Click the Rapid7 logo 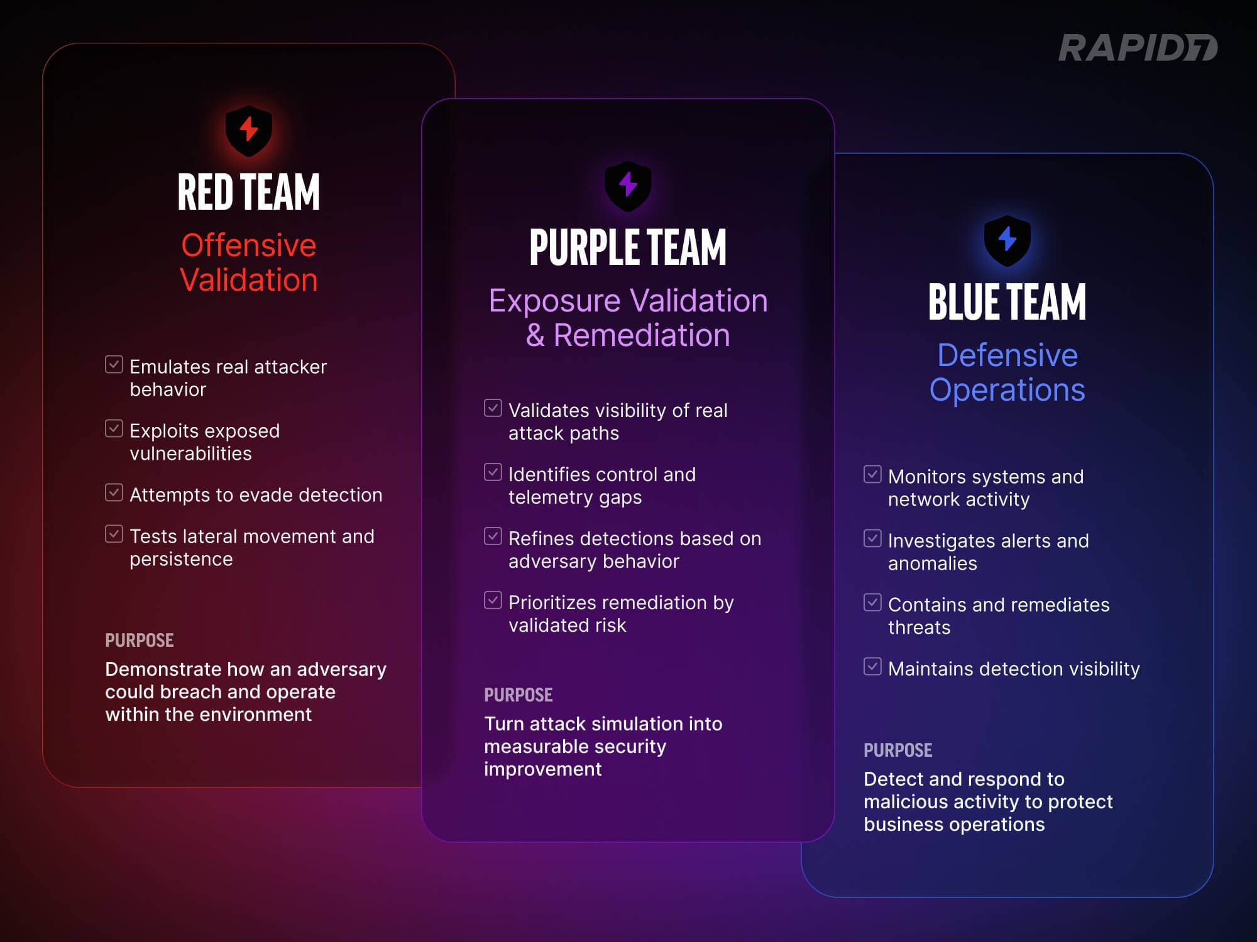pos(1138,48)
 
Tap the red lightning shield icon pos(249,131)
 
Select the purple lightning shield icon pos(628,186)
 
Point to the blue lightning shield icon pos(1007,241)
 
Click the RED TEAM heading pos(249,192)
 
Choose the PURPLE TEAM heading pos(628,247)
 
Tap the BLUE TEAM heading pos(1007,302)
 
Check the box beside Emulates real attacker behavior pos(114,364)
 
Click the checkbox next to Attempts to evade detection pos(114,492)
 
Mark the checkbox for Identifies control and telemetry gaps pos(493,472)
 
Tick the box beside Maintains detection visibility pos(872,666)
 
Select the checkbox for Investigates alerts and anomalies pos(872,538)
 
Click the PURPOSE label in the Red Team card pos(140,640)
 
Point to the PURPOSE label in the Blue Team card pos(897,750)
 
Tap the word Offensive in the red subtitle pos(249,245)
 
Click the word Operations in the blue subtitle pos(1007,390)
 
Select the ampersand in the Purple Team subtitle pos(535,335)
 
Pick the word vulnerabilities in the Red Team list pos(190,453)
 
